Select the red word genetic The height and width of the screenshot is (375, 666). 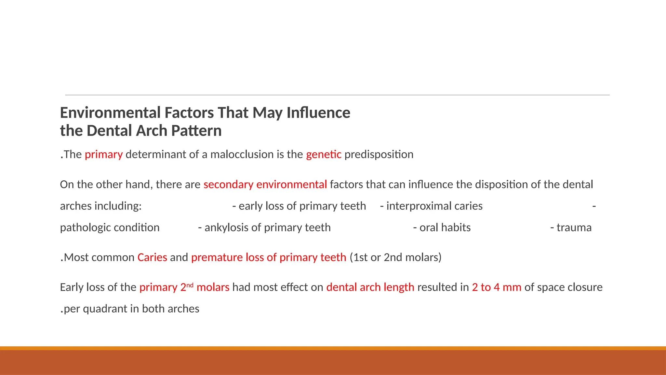point(324,154)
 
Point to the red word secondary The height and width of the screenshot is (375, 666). point(228,185)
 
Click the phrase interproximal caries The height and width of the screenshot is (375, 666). point(434,206)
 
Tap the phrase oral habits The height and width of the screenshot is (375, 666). point(445,228)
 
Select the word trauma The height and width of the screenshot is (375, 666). point(574,228)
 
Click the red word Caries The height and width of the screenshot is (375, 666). point(152,257)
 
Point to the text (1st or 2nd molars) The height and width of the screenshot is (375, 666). point(395,257)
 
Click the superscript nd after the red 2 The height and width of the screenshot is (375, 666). point(190,285)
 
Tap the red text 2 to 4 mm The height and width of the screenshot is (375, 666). point(497,287)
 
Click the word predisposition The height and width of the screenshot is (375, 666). point(379,154)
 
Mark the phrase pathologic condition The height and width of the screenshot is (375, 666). point(110,228)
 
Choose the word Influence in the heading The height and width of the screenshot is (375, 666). point(318,113)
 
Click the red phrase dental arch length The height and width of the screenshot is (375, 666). point(370,287)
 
